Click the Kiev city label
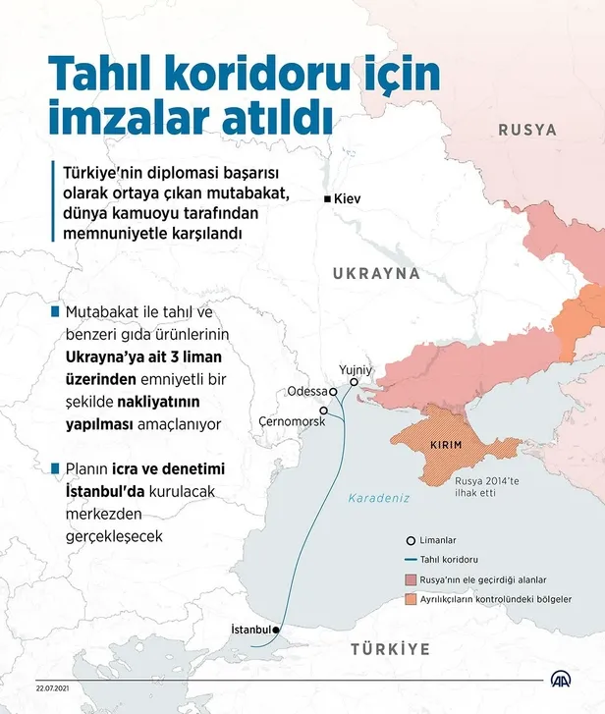pyautogui.click(x=349, y=198)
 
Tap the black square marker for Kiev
pyautogui.click(x=327, y=198)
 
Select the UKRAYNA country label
pyautogui.click(x=376, y=273)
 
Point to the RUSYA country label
pyautogui.click(x=526, y=130)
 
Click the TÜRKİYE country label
pyautogui.click(x=391, y=649)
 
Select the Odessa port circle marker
pyautogui.click(x=334, y=391)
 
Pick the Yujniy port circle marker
pyautogui.click(x=354, y=382)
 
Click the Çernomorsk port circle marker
pyautogui.click(x=323, y=411)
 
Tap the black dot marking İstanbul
pyautogui.click(x=277, y=630)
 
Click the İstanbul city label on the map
pyautogui.click(x=249, y=629)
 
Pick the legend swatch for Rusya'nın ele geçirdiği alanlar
pyautogui.click(x=410, y=579)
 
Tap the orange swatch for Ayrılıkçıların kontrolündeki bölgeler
pyautogui.click(x=410, y=598)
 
